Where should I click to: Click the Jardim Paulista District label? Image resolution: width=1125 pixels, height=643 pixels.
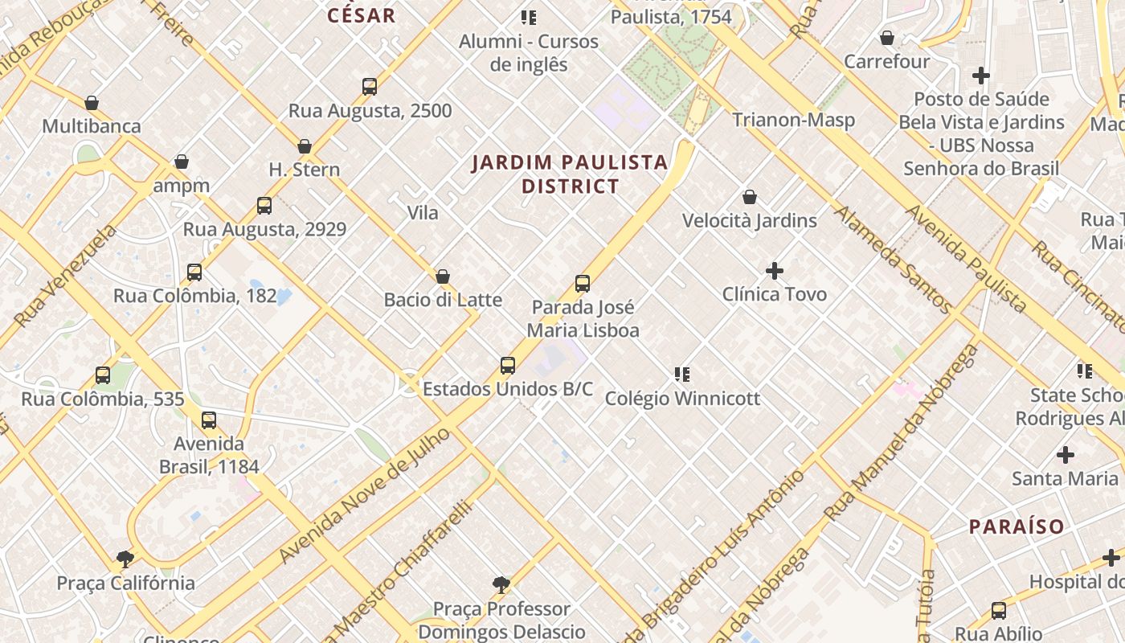coord(570,174)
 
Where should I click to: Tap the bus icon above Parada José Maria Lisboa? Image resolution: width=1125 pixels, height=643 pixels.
coord(583,284)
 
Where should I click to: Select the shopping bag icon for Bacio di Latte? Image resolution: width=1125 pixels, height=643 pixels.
coord(443,277)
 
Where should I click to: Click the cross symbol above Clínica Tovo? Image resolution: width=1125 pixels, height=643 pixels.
coord(775,271)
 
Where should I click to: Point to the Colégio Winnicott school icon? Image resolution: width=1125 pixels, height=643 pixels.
coord(682,375)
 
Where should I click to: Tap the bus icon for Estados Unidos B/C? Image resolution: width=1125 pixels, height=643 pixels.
coord(508,366)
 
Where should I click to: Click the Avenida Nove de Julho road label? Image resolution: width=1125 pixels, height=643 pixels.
coord(365,496)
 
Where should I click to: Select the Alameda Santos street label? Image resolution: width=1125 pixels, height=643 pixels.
coord(892,259)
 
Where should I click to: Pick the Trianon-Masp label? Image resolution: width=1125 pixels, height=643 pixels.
coord(793,120)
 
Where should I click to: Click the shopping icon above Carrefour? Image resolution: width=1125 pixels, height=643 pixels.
coord(887,39)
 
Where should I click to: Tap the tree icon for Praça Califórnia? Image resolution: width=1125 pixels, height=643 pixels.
coord(125,559)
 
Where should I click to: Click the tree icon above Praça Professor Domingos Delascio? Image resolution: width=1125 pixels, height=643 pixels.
coord(501,584)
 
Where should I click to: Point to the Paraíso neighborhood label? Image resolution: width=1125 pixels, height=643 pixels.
coord(1017,527)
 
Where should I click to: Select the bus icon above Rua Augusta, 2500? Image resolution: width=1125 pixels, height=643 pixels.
coord(370,87)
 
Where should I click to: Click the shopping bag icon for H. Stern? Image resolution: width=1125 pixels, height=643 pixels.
coord(305,146)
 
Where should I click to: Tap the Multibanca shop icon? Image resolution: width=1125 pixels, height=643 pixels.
coord(92,104)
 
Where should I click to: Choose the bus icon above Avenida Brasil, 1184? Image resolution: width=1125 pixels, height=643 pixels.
coord(209,420)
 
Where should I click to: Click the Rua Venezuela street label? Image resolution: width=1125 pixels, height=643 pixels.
coord(65,276)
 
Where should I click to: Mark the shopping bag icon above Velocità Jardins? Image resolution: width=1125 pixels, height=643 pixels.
coord(750,197)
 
